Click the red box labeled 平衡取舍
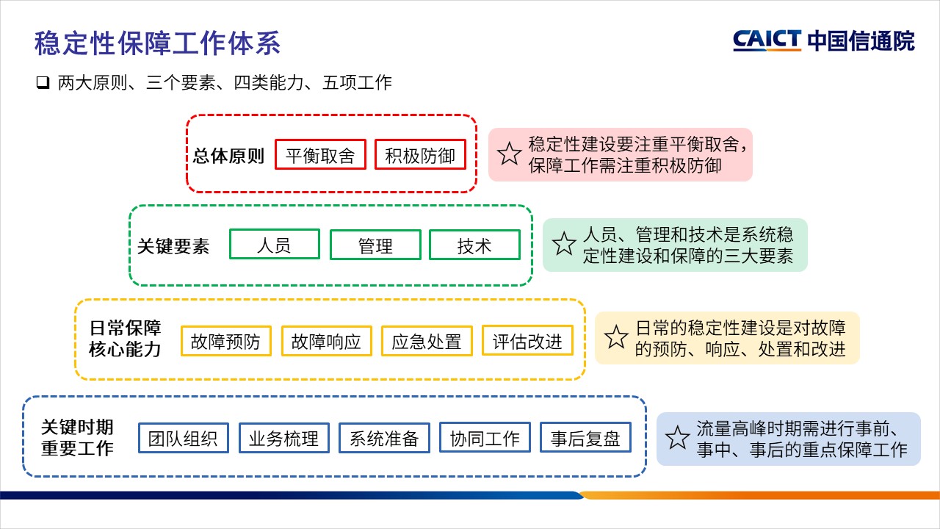click(320, 155)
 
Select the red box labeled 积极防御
click(420, 155)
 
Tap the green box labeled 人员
click(275, 244)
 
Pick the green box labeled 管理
click(375, 245)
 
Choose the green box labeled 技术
click(474, 245)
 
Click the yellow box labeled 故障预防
click(225, 341)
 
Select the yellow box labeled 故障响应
click(326, 341)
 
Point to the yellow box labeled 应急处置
click(427, 341)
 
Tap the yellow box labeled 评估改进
click(527, 340)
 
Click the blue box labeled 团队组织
click(183, 438)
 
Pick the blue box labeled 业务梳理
click(283, 438)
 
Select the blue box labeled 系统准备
click(384, 438)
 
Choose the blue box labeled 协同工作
click(485, 438)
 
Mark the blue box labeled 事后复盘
click(585, 438)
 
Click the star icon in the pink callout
click(510, 154)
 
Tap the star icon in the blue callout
click(676, 439)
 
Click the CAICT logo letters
click(767, 40)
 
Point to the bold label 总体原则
click(228, 156)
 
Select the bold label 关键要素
click(173, 246)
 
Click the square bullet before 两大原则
click(42, 82)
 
